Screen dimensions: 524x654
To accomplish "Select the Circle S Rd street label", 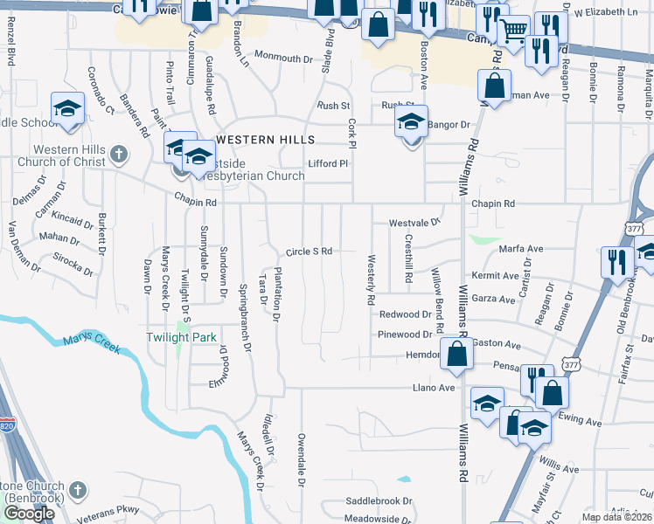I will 310,252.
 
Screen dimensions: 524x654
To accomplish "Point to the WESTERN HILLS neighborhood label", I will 259,140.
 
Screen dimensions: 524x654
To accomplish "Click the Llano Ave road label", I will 435,388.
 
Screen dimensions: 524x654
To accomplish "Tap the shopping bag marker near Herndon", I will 456,354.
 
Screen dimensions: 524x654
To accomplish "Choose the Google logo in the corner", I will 29,514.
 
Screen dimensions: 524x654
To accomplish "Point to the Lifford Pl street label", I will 328,163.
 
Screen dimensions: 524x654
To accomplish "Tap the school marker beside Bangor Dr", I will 411,123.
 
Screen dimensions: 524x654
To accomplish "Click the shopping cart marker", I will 513,32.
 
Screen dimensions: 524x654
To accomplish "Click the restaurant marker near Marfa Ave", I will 617,260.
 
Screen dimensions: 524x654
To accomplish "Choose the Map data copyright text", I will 617,517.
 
